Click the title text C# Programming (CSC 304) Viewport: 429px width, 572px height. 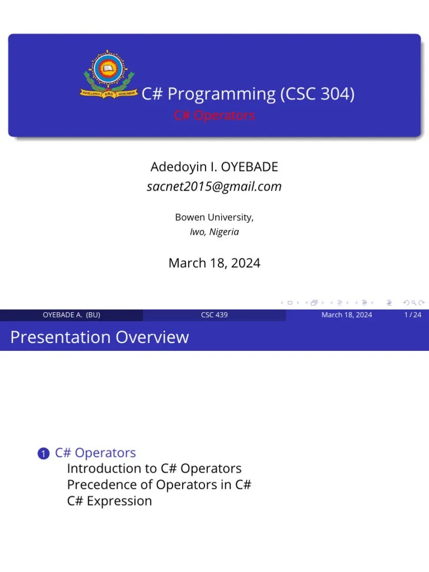pos(247,94)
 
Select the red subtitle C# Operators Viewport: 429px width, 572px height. pos(214,116)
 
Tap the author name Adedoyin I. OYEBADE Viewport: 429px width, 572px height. pos(214,167)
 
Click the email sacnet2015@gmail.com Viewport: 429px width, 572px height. pos(214,187)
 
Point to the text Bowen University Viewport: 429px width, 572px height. pos(214,217)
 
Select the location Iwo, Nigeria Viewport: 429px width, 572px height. pos(214,232)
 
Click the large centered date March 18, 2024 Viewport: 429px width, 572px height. pos(214,263)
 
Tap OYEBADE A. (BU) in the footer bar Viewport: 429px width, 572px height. pos(71,315)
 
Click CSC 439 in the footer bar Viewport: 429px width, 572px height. pos(214,315)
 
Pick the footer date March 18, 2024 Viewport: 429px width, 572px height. pos(346,315)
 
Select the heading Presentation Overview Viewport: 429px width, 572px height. pos(99,337)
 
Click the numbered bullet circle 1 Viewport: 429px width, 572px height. pos(43,454)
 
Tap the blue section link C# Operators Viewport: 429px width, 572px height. pos(95,452)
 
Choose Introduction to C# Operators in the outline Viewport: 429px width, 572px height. pos(154,468)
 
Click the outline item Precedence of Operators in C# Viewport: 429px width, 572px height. pos(159,484)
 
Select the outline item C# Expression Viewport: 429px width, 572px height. pos(109,500)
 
